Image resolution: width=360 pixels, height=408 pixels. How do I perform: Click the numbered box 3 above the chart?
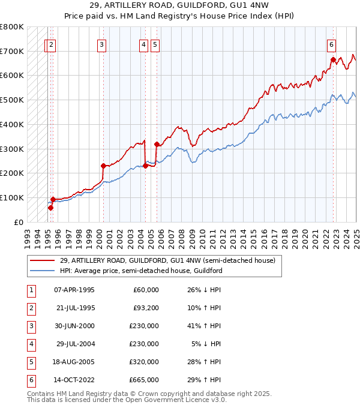coord(102,44)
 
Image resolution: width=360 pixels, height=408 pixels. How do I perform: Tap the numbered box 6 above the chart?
coord(331,44)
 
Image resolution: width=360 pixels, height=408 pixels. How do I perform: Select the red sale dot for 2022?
coord(333,59)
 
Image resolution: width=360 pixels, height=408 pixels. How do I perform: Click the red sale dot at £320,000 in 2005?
coord(157,144)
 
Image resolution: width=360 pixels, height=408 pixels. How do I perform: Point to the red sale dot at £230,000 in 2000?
coord(103,166)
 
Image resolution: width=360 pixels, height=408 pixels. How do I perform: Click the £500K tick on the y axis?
coord(13,100)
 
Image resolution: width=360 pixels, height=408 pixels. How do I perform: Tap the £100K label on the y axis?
coord(13,197)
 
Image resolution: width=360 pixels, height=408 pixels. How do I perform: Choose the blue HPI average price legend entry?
coord(141,271)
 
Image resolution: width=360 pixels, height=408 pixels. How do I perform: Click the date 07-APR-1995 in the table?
coord(74,290)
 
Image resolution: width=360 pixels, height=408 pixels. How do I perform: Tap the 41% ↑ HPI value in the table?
coord(203,326)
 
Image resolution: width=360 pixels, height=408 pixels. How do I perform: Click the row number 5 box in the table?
coord(30,362)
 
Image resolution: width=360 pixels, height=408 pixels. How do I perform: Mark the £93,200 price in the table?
coord(145,308)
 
